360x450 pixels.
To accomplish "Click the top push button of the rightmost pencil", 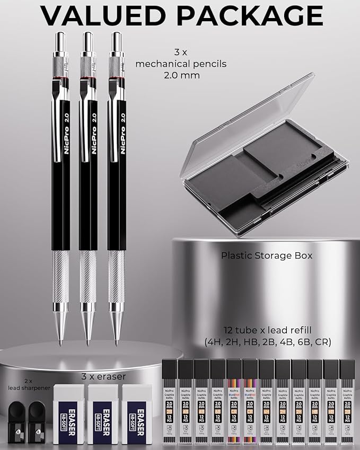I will (117, 40).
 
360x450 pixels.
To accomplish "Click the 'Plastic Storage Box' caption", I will (267, 255).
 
